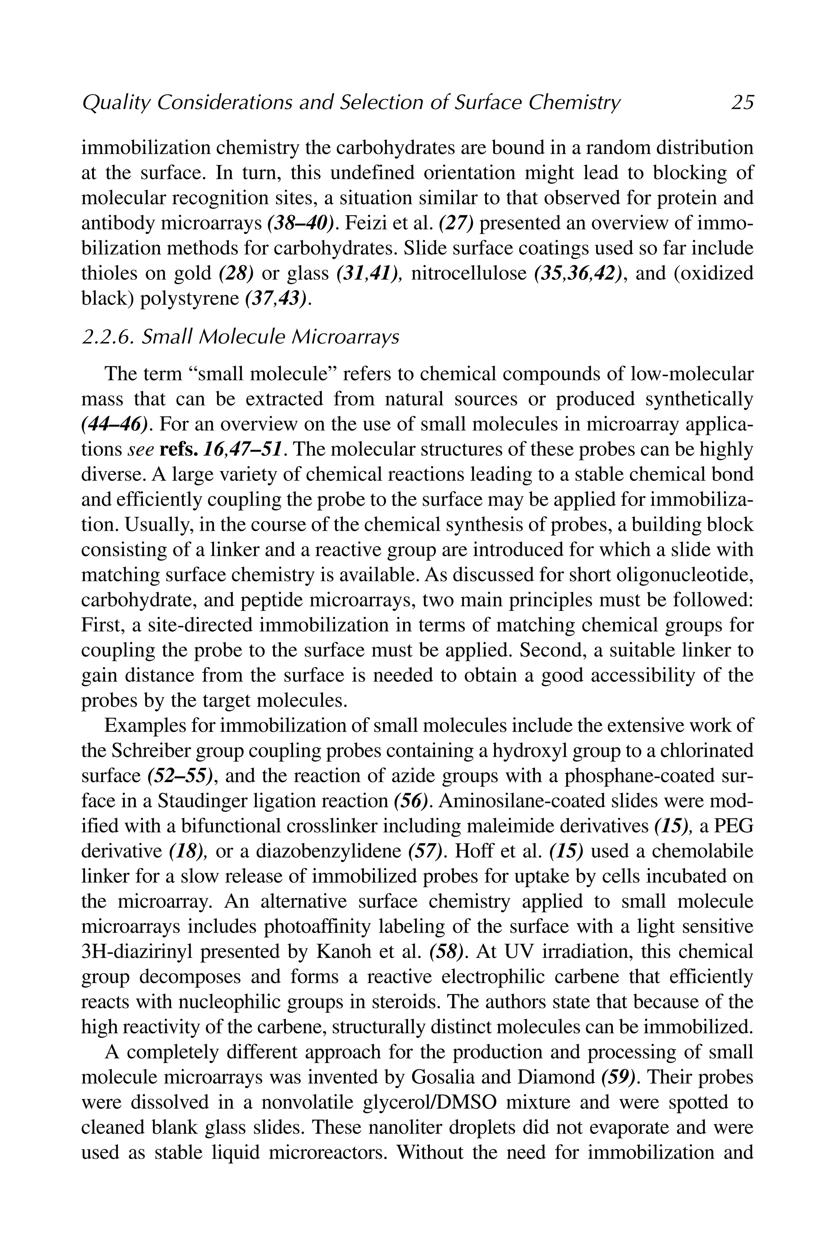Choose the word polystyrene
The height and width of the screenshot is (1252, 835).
tap(190, 299)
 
